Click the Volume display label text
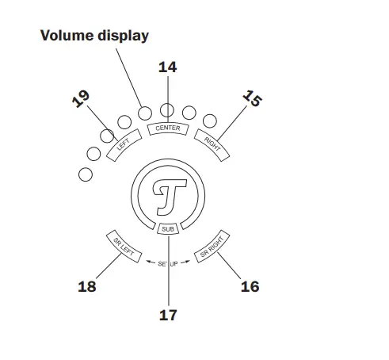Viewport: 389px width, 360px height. point(94,36)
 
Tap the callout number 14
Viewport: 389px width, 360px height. point(167,67)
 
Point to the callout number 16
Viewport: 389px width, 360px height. point(250,287)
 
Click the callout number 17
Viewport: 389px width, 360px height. point(167,315)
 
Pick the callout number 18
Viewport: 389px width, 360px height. point(87,287)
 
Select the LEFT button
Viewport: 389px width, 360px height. point(123,146)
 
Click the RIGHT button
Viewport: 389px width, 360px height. point(212,145)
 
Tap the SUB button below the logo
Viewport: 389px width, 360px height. point(167,229)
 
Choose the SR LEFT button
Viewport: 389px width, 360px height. point(124,246)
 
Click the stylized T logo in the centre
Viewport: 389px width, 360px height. point(167,194)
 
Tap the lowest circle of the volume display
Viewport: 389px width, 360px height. point(86,172)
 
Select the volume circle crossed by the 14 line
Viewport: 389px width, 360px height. point(167,111)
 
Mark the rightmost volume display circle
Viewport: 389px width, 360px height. point(210,121)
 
